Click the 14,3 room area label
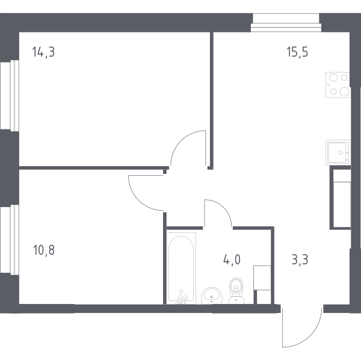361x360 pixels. (x=43, y=52)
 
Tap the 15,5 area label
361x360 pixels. (x=297, y=52)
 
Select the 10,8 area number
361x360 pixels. (x=44, y=250)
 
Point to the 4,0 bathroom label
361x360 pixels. (x=232, y=260)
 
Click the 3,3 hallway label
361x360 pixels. (x=300, y=260)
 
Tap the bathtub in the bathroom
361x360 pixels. (x=181, y=268)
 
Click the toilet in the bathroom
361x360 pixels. (x=236, y=291)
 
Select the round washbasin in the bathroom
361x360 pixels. (x=212, y=296)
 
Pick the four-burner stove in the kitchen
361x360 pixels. (x=338, y=85)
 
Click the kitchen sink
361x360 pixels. (x=338, y=152)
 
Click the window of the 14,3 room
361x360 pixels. (x=10, y=96)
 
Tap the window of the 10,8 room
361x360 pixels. (x=10, y=240)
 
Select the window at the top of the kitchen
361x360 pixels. (x=286, y=22)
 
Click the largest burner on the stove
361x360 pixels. (x=344, y=92)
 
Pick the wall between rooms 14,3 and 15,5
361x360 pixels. (x=212, y=101)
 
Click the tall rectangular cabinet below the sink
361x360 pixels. (x=341, y=197)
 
